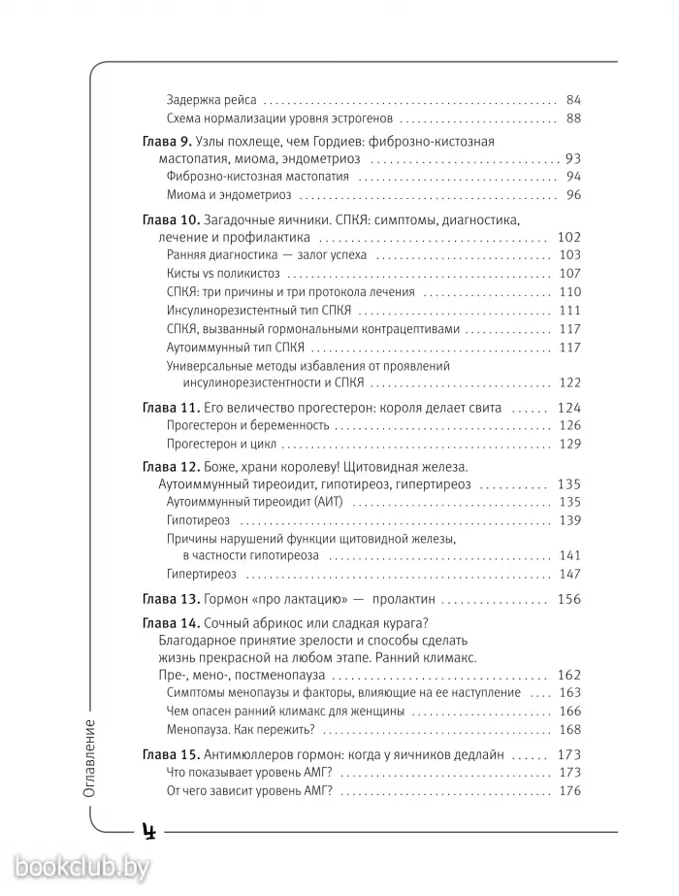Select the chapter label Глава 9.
click(165, 142)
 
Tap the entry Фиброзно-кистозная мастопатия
click(257, 177)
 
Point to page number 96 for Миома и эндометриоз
click(572, 195)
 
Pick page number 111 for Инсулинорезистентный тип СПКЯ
click(569, 310)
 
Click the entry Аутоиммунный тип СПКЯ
click(236, 347)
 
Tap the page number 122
click(569, 382)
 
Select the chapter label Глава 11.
click(169, 408)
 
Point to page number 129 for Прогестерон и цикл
click(569, 444)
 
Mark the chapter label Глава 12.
click(169, 467)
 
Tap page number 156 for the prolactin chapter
click(569, 599)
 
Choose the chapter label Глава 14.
click(169, 623)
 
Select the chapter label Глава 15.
click(169, 754)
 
